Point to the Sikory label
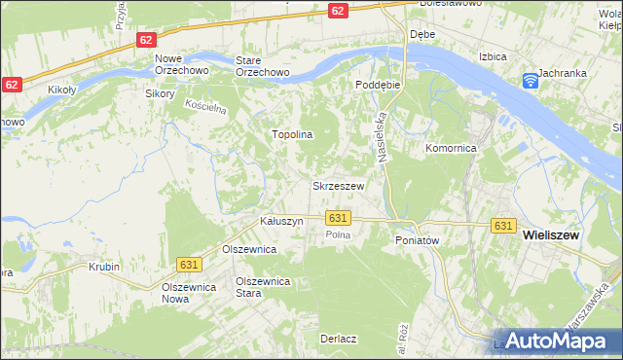pyautogui.click(x=159, y=94)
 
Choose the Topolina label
pyautogui.click(x=291, y=134)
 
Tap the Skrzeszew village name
pyautogui.click(x=338, y=185)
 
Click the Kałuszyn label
pyautogui.click(x=281, y=221)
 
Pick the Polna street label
pyautogui.click(x=338, y=235)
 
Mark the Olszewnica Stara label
pyautogui.click(x=264, y=287)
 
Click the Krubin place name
pyautogui.click(x=103, y=266)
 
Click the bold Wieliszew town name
pyautogui.click(x=560, y=234)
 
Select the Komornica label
pyautogui.click(x=450, y=149)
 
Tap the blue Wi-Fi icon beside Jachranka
pyautogui.click(x=531, y=80)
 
